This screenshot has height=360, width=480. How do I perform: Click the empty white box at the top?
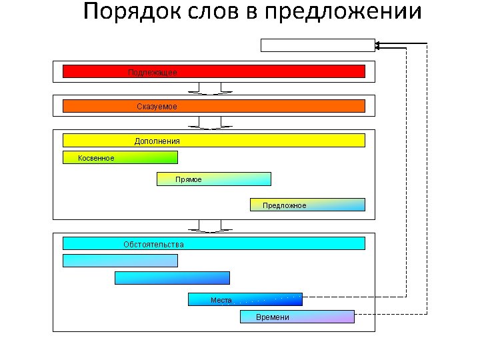pos(317,45)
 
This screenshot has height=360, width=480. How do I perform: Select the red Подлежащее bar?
pos(213,71)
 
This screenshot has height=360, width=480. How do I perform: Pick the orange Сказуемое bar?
pos(213,106)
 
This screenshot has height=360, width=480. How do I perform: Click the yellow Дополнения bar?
pos(213,141)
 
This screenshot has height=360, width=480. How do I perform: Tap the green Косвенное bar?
pos(120,157)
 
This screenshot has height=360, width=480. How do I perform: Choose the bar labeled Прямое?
pos(213,179)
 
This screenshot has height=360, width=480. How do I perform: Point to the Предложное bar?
pos(307,205)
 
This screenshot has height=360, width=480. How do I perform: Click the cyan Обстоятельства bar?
pos(213,244)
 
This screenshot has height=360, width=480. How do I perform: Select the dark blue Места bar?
pos(245,299)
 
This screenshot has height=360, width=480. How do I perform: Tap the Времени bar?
pos(297,317)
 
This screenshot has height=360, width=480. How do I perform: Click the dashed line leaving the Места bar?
pos(353,296)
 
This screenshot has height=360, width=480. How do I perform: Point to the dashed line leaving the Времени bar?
pos(390,313)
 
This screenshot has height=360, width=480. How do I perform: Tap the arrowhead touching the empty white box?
pos(378,45)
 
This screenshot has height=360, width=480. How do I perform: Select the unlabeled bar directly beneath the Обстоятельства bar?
pos(120,261)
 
